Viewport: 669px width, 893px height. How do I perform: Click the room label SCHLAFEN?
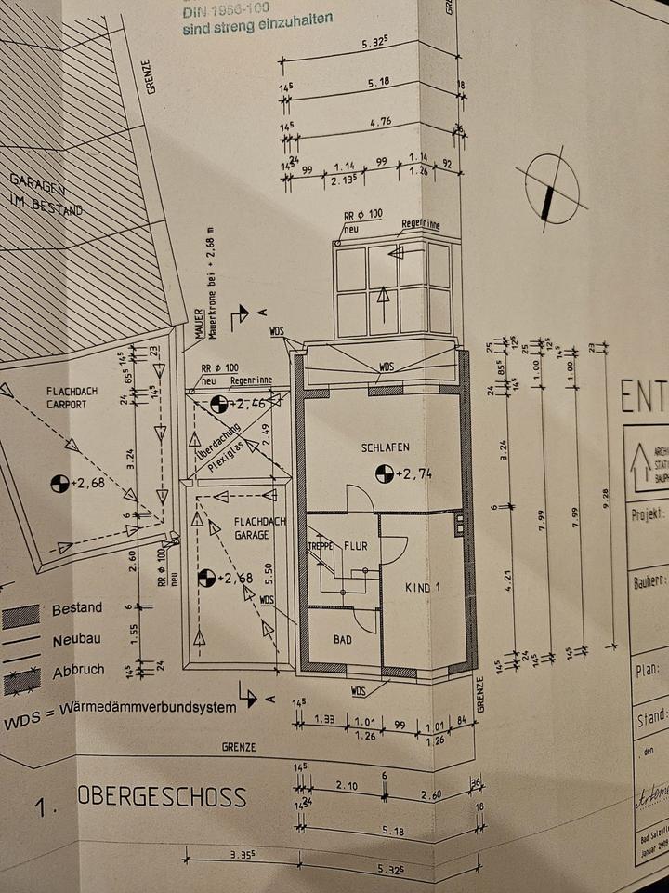click(386, 447)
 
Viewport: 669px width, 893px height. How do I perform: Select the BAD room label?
click(343, 640)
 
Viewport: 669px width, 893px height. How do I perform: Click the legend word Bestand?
click(77, 608)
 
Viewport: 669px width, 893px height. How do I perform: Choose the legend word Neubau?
click(76, 640)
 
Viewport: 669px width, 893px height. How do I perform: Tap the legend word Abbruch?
click(78, 670)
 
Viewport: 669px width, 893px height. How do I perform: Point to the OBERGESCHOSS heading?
click(164, 796)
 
